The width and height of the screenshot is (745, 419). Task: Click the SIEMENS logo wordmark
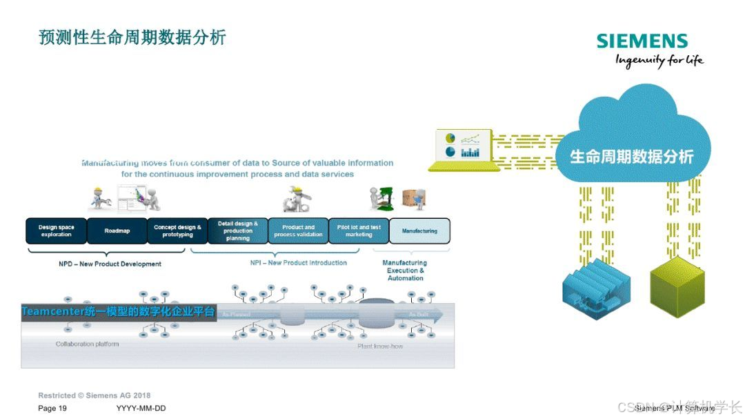point(642,41)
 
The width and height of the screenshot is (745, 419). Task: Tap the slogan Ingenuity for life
point(659,60)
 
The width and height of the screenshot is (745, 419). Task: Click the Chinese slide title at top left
point(132,37)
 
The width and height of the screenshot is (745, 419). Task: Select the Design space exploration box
point(57,231)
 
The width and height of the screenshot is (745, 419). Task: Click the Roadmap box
point(117,231)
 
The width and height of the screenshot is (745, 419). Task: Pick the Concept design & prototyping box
point(177,231)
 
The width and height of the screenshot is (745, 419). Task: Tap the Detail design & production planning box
point(238,231)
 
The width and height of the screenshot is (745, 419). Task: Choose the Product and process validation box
point(298,231)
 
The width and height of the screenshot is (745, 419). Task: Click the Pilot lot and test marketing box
point(359,231)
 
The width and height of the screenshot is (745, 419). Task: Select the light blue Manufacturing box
point(419,231)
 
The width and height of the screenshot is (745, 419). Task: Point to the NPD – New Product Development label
point(110,264)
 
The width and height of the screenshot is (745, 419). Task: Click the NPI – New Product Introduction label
point(299,263)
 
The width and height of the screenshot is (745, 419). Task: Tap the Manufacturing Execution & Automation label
point(405,270)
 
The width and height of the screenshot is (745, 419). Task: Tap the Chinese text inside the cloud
point(631,157)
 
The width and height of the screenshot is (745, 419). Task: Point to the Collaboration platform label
point(87,344)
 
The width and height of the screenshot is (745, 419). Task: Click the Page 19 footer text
point(52,409)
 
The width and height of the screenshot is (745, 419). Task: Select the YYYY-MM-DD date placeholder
point(141,409)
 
